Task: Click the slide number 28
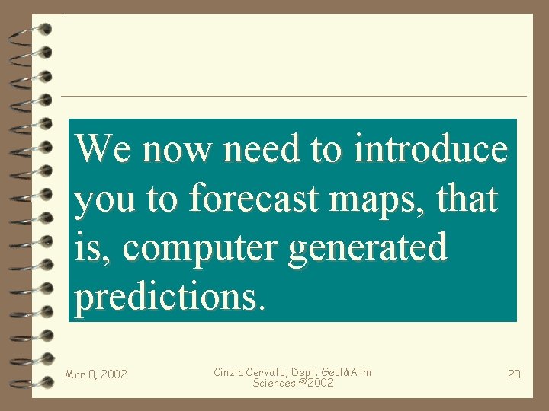pyautogui.click(x=514, y=374)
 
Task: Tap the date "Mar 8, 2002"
pyautogui.click(x=96, y=374)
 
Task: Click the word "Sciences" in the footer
pyautogui.click(x=274, y=383)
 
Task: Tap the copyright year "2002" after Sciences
pyautogui.click(x=319, y=383)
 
